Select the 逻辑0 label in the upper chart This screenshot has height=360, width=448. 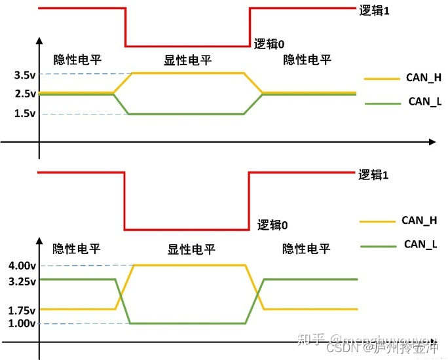click(270, 45)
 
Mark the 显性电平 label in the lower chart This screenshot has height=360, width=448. click(192, 249)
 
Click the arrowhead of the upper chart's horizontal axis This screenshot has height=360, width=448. click(432, 141)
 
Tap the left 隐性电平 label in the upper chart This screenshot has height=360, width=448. click(78, 60)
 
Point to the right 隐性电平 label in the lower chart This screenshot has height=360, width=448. click(307, 249)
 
